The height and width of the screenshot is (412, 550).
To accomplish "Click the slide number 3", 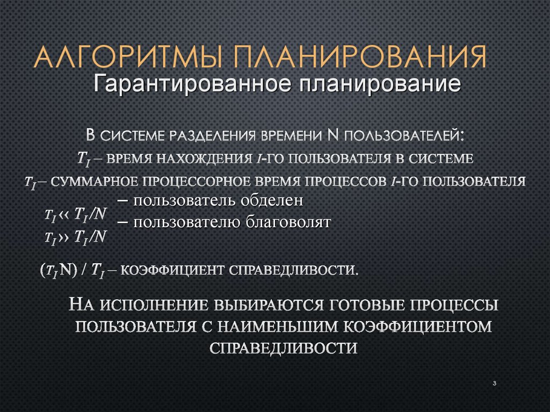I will point(493,383).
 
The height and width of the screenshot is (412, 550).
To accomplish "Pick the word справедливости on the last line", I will point(283,348).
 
